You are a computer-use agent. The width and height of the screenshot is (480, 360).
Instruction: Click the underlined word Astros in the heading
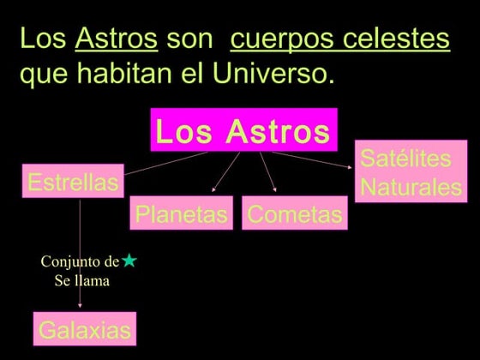point(117,39)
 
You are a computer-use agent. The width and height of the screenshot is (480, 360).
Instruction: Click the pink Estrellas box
point(73,182)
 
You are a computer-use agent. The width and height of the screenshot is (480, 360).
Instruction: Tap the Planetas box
point(182,214)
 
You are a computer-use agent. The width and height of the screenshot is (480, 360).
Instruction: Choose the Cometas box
point(295,214)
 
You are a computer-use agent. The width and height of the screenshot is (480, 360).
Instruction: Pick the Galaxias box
point(85,329)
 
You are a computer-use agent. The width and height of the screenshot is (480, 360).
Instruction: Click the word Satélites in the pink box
point(405,159)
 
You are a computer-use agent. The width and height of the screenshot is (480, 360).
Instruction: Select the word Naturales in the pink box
point(411,187)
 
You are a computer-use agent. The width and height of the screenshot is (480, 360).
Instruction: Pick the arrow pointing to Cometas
point(267,173)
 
